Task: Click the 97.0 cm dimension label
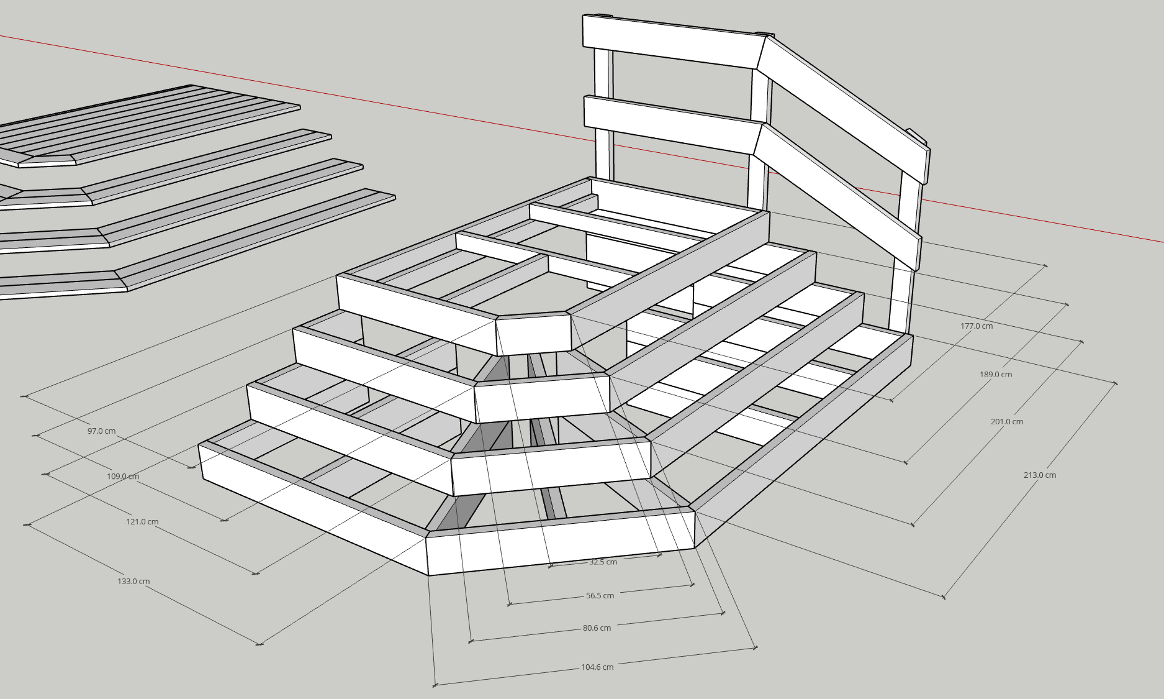click(x=101, y=431)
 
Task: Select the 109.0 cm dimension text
click(x=123, y=477)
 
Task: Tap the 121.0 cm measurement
click(x=142, y=522)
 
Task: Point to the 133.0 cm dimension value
click(x=133, y=582)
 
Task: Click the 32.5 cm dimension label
click(x=603, y=562)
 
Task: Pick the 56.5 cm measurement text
click(x=600, y=595)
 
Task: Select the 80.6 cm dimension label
click(x=597, y=628)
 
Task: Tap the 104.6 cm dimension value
click(x=597, y=667)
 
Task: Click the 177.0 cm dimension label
click(x=977, y=326)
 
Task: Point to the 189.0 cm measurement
click(x=996, y=375)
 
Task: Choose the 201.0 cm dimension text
click(x=1007, y=422)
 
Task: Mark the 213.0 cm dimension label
click(x=1040, y=475)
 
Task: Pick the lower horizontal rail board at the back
click(x=670, y=124)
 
